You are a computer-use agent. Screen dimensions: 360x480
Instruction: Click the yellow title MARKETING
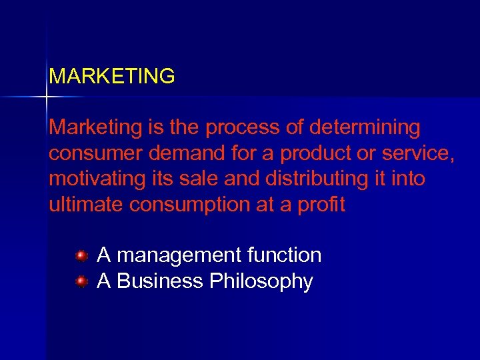click(112, 77)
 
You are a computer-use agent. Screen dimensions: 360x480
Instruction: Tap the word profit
click(323, 205)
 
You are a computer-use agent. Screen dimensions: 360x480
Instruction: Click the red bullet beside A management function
click(81, 255)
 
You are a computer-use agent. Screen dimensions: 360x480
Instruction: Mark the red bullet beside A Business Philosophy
click(81, 282)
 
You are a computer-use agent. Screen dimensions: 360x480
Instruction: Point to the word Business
click(160, 282)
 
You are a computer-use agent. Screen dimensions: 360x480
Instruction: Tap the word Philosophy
click(261, 282)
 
